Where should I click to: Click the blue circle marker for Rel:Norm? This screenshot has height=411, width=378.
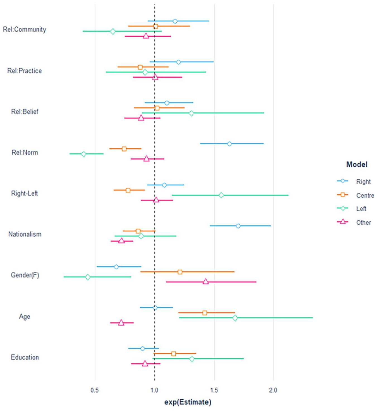[229, 144]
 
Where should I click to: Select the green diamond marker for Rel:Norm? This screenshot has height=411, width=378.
[83, 154]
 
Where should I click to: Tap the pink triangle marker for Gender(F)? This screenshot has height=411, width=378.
[205, 281]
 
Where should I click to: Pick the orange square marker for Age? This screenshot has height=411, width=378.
[204, 313]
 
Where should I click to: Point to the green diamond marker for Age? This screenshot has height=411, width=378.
[235, 318]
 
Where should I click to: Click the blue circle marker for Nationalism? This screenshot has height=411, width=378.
[238, 226]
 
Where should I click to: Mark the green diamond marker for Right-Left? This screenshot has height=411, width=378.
[221, 195]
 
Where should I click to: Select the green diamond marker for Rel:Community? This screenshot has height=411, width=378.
[113, 31]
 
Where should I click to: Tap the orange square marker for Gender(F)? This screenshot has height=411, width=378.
[180, 272]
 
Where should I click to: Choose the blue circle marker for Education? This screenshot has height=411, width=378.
[143, 348]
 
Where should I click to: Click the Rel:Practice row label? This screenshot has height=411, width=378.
[25, 71]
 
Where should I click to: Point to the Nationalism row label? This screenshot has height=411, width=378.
[25, 234]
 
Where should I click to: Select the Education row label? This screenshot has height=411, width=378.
[25, 357]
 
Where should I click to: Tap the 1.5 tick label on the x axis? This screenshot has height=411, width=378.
[214, 390]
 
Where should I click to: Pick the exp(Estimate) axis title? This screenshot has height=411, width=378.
[188, 402]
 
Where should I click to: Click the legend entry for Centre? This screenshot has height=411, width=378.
[355, 195]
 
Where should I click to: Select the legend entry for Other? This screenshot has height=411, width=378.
[354, 222]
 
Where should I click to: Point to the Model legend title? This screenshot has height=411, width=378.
[357, 164]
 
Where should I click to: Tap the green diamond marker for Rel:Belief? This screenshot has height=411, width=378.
[191, 113]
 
